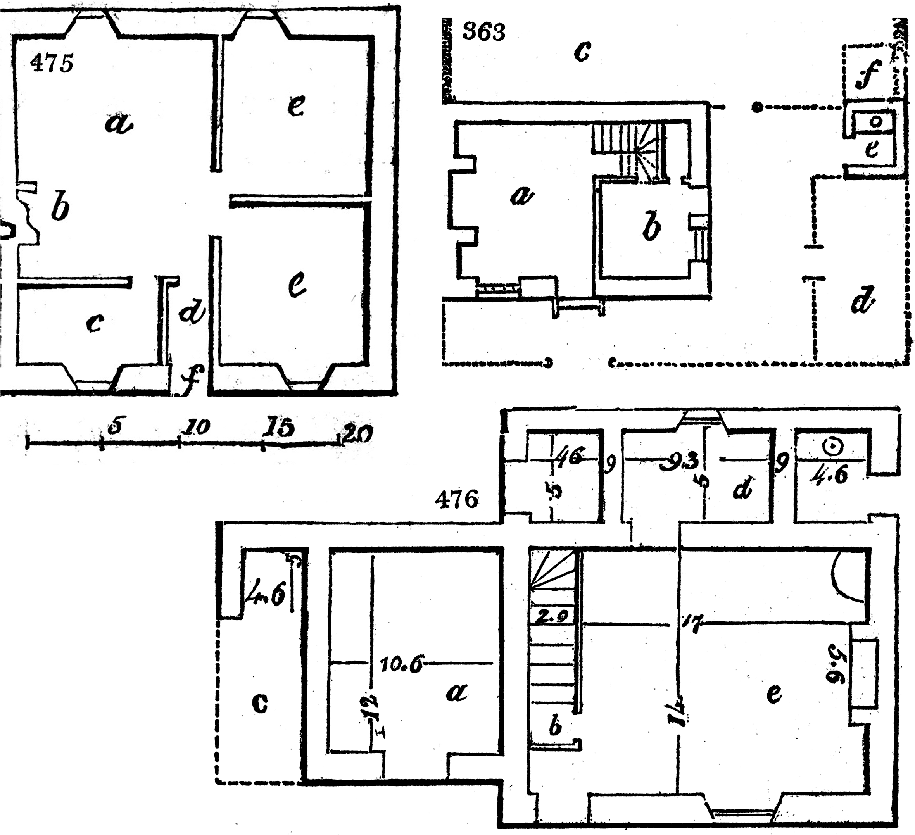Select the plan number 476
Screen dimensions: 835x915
pyautogui.click(x=457, y=500)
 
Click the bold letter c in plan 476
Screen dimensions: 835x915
pyautogui.click(x=260, y=703)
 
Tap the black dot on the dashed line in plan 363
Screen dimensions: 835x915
pyautogui.click(x=755, y=107)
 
